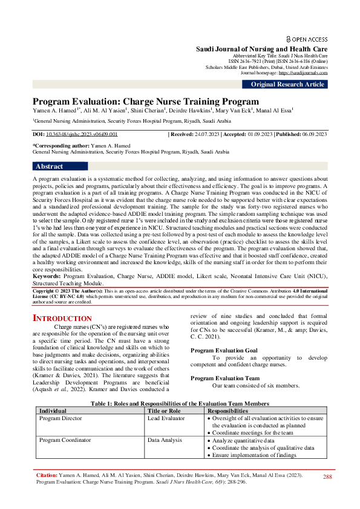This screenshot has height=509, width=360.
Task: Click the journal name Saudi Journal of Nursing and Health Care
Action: (x=261, y=48)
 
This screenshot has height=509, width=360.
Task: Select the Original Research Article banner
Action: (x=287, y=85)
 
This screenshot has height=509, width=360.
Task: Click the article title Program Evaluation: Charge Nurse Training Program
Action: (x=145, y=102)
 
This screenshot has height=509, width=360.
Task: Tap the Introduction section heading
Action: (x=62, y=318)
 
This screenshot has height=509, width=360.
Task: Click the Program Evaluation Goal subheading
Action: (x=224, y=350)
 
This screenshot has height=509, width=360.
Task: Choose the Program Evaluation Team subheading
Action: (x=224, y=377)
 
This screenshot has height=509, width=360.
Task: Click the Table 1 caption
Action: (x=180, y=403)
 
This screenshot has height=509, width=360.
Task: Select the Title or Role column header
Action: (x=164, y=410)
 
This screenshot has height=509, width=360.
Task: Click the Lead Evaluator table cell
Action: (x=165, y=418)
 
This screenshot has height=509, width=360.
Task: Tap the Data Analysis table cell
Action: (x=163, y=440)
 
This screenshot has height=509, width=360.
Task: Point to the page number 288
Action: (x=327, y=477)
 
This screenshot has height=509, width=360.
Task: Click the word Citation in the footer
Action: (x=46, y=476)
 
